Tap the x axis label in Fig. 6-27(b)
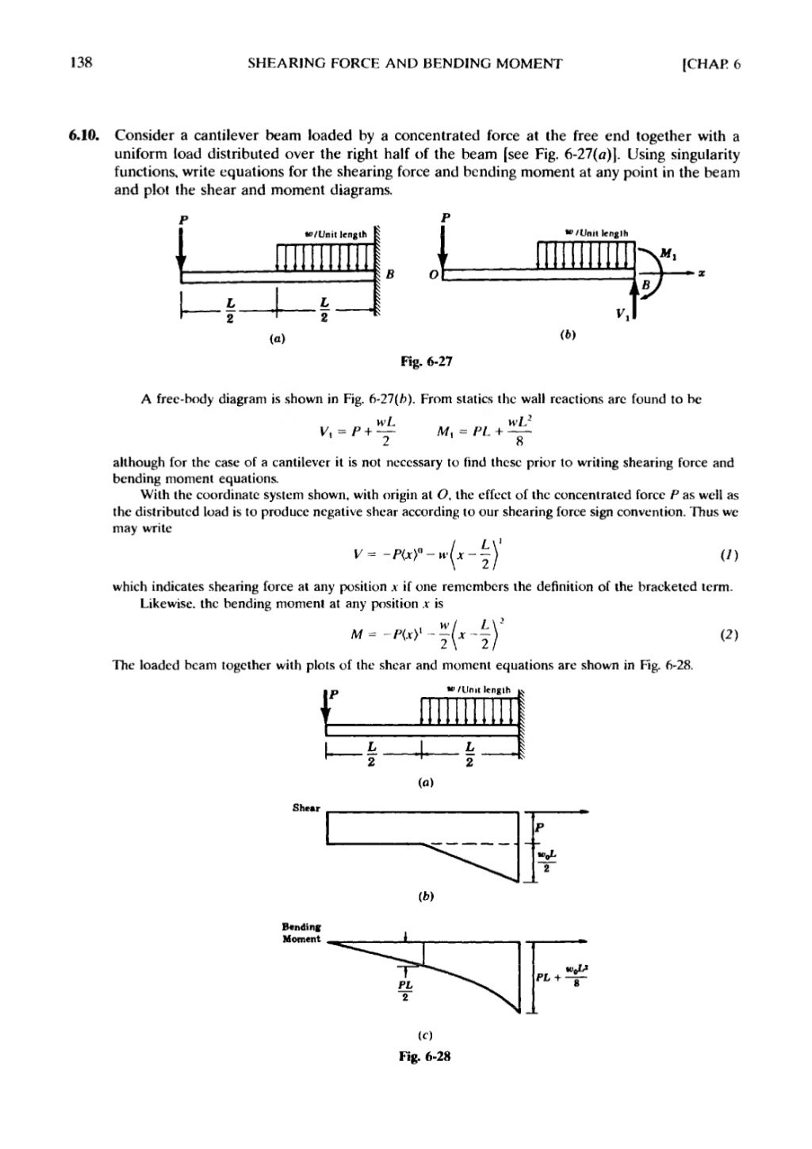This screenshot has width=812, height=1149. point(702,274)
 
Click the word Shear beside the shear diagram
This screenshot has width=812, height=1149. point(305,809)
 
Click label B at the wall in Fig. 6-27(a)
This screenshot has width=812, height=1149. point(390,274)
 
